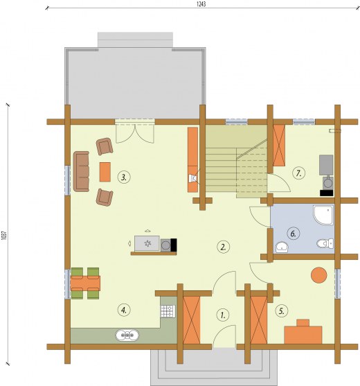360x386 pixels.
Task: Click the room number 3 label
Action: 124,177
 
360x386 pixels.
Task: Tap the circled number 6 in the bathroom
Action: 294,234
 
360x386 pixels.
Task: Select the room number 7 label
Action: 299,173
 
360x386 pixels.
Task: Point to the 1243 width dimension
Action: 201,4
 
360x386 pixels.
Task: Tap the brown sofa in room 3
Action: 81,171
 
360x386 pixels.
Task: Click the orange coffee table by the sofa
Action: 105,172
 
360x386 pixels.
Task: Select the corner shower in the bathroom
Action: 323,215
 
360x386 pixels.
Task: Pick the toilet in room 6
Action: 325,243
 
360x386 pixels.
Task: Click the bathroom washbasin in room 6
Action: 282,247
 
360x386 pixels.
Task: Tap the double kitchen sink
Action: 127,335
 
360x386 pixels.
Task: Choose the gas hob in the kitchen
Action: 168,311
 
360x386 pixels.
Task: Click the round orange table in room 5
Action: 319,275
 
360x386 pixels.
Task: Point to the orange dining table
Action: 85,283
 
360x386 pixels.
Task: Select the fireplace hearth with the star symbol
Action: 147,243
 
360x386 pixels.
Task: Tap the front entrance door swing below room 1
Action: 224,336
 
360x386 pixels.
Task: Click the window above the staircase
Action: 237,121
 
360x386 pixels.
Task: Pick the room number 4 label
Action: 124,310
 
